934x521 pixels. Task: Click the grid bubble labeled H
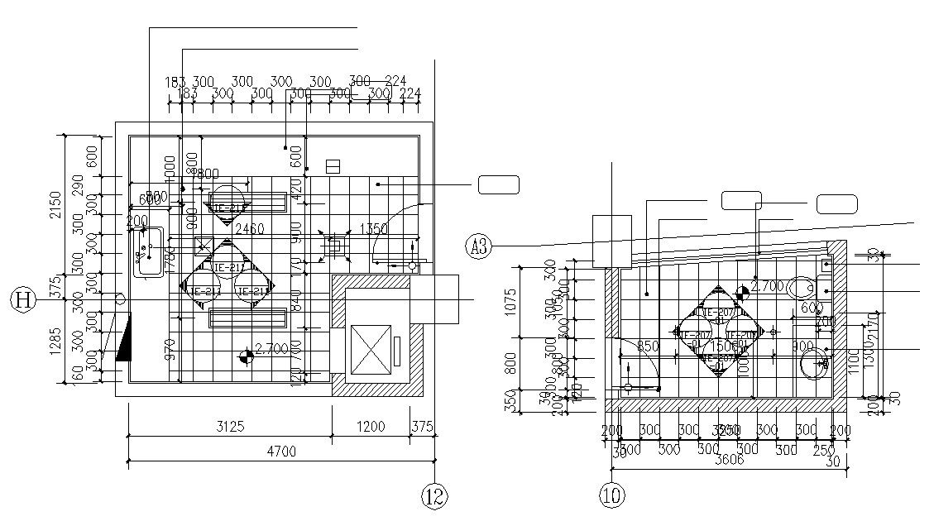[22, 299]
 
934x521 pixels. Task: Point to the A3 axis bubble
[478, 246]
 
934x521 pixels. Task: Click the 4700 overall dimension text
[280, 451]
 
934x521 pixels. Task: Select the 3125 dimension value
[228, 427]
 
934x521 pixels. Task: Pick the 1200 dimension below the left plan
[371, 427]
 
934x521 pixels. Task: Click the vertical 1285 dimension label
[55, 347]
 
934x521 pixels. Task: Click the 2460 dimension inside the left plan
[249, 228]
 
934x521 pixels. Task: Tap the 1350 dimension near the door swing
[372, 228]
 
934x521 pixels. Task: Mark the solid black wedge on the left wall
[124, 339]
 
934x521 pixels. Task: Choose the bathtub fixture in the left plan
[150, 251]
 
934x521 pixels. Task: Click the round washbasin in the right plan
[813, 363]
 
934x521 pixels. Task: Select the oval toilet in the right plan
[801, 288]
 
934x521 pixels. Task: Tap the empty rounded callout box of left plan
[498, 184]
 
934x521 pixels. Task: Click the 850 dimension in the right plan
[648, 346]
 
